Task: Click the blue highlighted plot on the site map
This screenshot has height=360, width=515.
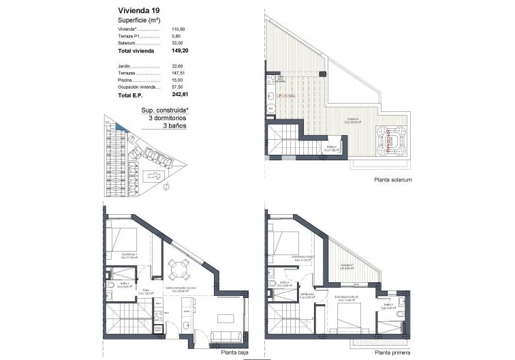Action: point(121,126)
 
